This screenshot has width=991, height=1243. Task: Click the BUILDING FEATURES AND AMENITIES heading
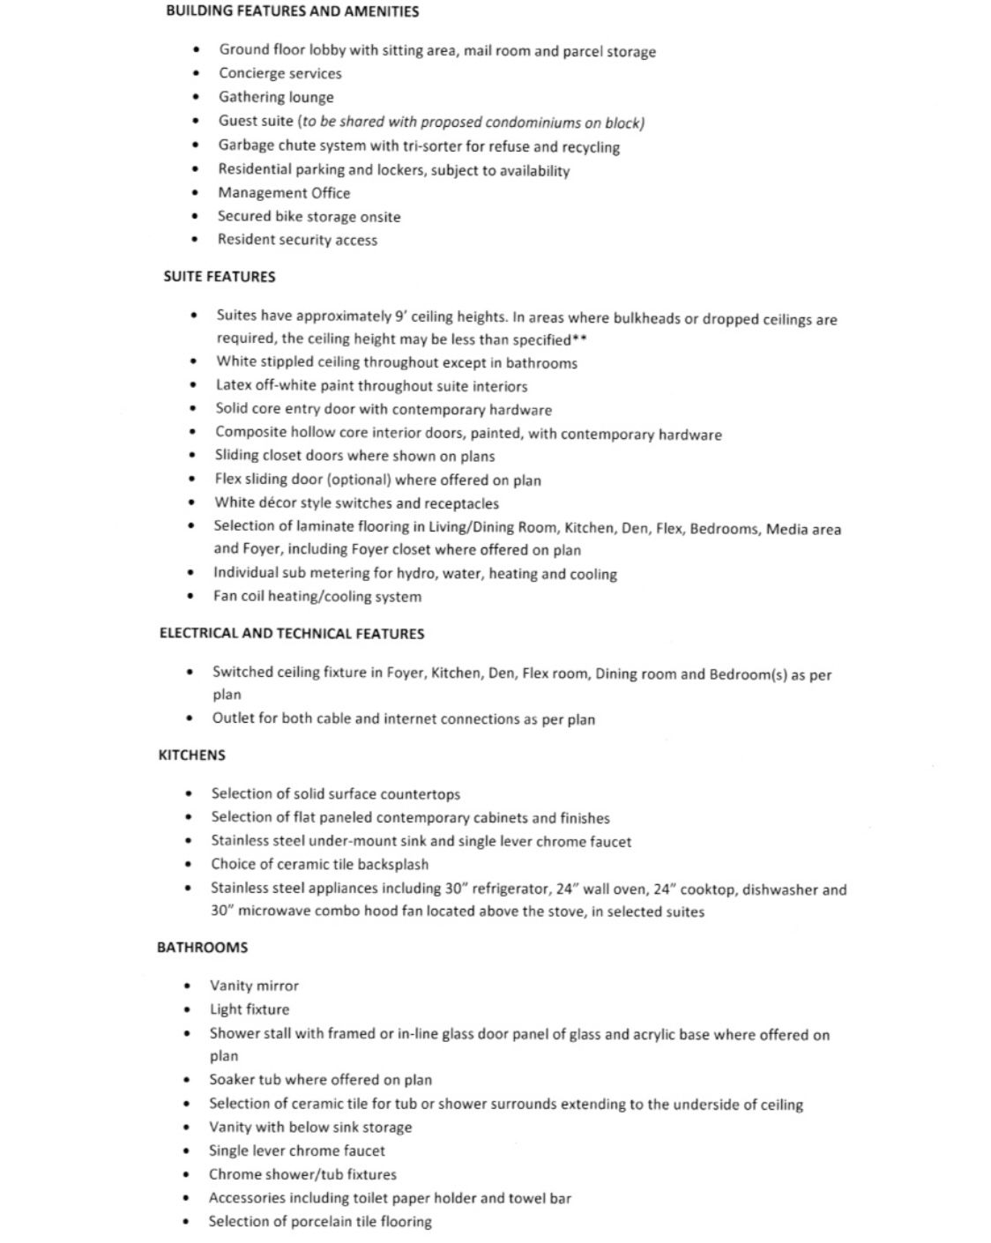pyautogui.click(x=292, y=11)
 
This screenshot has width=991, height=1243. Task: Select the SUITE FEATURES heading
pyautogui.click(x=220, y=277)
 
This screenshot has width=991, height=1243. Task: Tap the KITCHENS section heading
pyautogui.click(x=191, y=755)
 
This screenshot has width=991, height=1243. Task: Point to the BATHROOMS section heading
pyautogui.click(x=202, y=948)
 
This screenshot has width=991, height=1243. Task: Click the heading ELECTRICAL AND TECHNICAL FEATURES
pyautogui.click(x=292, y=634)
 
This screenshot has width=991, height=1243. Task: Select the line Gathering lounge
pyautogui.click(x=276, y=98)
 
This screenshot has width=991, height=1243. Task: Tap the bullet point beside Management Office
pyautogui.click(x=196, y=193)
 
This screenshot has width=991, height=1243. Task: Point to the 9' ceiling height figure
pyautogui.click(x=401, y=316)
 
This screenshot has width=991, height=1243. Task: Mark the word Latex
pyautogui.click(x=234, y=385)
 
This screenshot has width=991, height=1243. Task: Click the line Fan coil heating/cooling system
pyautogui.click(x=317, y=597)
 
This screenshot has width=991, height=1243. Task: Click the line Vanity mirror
pyautogui.click(x=254, y=986)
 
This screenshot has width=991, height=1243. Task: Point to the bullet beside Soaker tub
pyautogui.click(x=187, y=1080)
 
